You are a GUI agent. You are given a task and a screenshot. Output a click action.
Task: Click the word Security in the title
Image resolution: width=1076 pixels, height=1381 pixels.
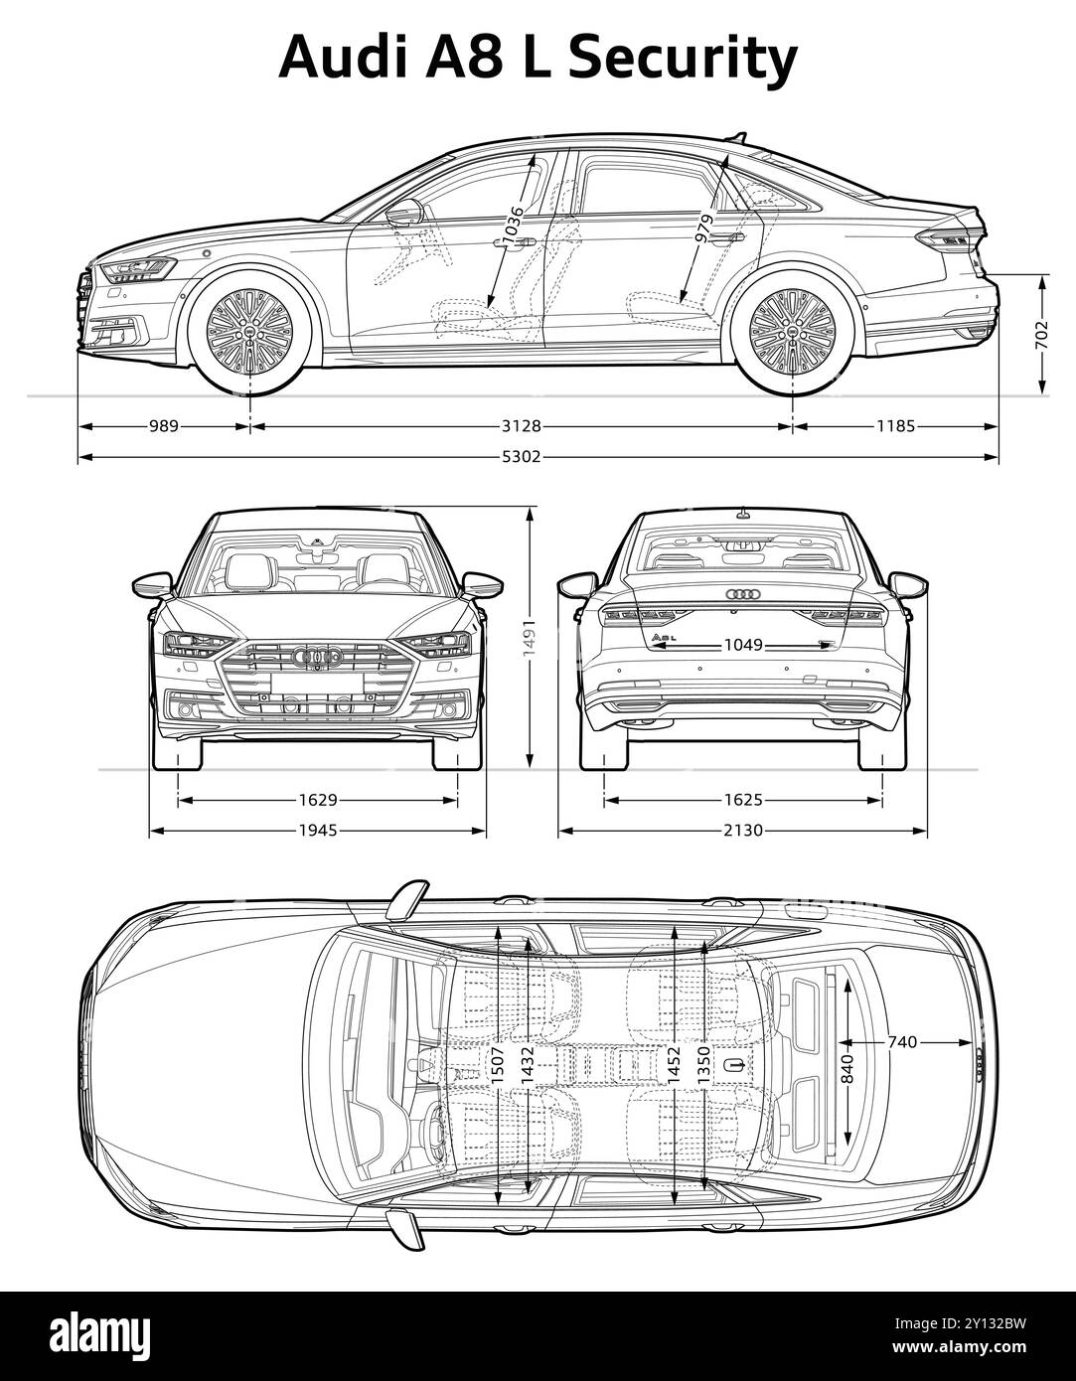(683, 58)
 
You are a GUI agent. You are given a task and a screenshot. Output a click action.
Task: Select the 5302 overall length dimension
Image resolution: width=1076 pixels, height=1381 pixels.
(538, 457)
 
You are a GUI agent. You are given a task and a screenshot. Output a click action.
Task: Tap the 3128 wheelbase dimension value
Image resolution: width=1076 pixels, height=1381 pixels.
(521, 426)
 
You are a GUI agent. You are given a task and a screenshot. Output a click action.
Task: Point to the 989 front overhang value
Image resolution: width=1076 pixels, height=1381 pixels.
(164, 426)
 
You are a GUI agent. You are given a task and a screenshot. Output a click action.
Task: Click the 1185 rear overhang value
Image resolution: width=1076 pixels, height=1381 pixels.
(895, 426)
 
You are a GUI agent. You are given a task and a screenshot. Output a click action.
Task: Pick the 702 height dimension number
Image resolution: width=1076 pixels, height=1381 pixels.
(1041, 334)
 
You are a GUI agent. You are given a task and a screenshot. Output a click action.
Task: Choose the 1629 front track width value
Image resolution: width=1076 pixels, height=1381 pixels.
(318, 799)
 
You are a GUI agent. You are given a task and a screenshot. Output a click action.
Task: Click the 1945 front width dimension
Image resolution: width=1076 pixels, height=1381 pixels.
(318, 830)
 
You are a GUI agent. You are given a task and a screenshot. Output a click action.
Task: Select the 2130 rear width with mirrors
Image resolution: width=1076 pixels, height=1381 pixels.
(742, 830)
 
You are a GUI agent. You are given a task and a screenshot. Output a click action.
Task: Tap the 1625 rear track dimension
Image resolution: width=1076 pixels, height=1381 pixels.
(742, 799)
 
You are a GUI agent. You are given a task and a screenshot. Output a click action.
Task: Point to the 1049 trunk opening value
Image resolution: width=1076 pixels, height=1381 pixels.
(742, 645)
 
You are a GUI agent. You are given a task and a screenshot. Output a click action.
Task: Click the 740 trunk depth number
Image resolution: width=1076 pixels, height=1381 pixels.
(902, 1042)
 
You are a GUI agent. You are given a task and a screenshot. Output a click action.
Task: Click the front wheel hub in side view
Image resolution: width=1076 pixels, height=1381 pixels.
(249, 333)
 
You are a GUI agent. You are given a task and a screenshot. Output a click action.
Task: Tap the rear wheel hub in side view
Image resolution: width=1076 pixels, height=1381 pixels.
(793, 333)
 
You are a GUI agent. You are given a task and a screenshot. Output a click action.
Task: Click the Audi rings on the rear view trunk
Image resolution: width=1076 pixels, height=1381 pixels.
(742, 593)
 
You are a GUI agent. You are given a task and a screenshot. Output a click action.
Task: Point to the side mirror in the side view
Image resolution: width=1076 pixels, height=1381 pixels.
(403, 213)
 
